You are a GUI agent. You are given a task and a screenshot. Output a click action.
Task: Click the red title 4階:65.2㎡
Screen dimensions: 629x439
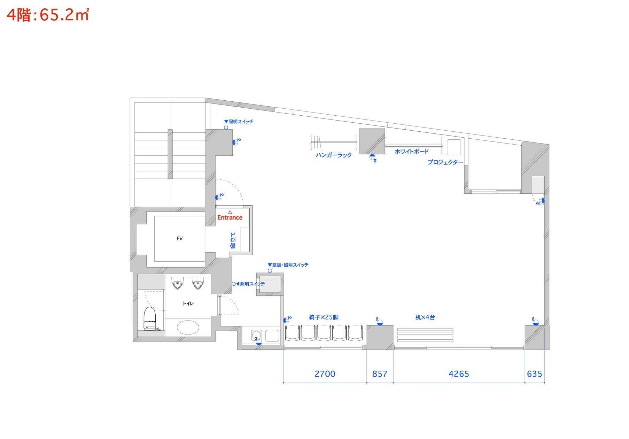coord(48,15)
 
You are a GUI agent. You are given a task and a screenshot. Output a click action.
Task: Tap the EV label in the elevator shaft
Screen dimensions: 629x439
coord(179,239)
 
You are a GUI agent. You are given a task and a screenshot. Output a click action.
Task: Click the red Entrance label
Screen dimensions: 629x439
coord(230,217)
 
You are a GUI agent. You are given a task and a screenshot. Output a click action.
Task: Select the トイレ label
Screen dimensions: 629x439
coord(188,303)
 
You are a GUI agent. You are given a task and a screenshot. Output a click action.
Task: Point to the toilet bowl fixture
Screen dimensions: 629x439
coord(150,318)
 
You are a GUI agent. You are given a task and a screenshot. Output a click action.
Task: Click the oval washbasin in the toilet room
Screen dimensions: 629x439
coord(188,328)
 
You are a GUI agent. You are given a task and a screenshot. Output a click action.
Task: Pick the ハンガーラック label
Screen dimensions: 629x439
coord(334,155)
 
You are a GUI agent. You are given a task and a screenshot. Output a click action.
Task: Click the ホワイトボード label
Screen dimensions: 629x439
coord(412,152)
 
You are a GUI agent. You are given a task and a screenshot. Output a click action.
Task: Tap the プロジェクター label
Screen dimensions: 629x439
coord(445,162)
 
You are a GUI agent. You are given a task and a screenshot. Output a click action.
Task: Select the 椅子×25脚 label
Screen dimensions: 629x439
coord(324,317)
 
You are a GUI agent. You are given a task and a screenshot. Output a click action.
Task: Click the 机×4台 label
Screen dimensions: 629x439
coord(425,317)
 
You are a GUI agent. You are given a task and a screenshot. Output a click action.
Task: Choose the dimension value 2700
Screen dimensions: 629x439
coord(325,374)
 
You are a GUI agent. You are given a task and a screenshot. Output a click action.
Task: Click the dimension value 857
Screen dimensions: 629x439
coord(380,374)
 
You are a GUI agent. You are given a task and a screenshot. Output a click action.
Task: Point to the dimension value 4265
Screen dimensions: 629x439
coord(459,374)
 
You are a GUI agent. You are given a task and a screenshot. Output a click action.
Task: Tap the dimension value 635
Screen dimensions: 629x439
coord(535,374)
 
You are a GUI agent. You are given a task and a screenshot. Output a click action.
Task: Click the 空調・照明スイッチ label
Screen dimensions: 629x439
coord(288,265)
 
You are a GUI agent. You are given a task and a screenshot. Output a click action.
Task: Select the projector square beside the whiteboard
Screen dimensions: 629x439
coord(454,147)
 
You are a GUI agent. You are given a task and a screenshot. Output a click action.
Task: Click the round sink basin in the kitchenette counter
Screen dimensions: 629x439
coord(257,336)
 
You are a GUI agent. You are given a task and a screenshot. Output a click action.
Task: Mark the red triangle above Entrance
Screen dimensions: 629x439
coord(230,212)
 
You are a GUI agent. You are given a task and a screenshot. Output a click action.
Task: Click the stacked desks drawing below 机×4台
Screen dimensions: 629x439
coord(425,335)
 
